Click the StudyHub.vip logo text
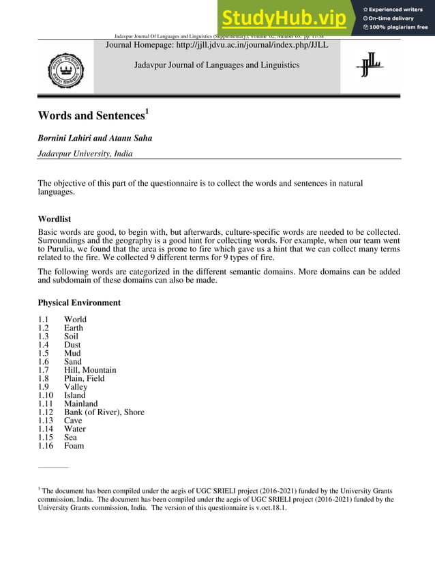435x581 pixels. pos(284,18)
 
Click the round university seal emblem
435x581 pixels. pos(65,70)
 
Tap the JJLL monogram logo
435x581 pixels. pos(370,66)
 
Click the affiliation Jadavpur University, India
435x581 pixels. pos(85,154)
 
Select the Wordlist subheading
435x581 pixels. pos(55,220)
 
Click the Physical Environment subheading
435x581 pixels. pos(79,302)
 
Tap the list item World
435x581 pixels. pos(75,320)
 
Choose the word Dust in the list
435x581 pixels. pos(72,345)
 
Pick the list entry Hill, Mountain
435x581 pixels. pos(90,370)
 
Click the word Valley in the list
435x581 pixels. pos(76,387)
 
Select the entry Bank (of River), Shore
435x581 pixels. pos(104,412)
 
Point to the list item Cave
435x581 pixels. pos(73,421)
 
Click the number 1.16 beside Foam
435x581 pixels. pos(46,446)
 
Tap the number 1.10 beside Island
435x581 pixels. pos(46,395)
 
